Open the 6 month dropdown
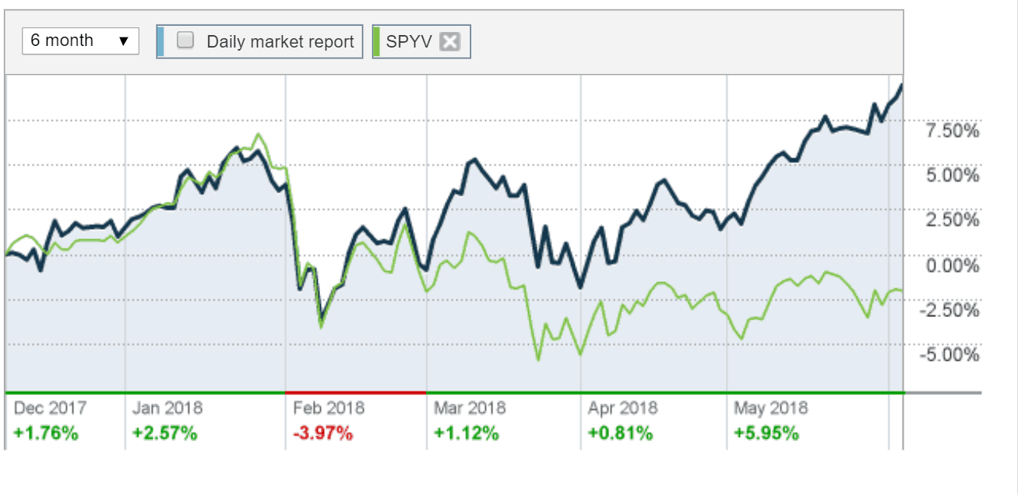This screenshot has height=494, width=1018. pyautogui.click(x=80, y=41)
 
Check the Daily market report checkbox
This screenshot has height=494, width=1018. pyautogui.click(x=185, y=41)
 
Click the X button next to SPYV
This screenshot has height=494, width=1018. pyautogui.click(x=449, y=42)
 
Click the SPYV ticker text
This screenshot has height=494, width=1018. pyautogui.click(x=409, y=41)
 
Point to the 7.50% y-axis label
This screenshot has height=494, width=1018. pyautogui.click(x=952, y=132)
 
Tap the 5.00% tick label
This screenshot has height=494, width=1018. pyautogui.click(x=952, y=176)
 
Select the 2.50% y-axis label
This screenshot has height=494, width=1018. pyautogui.click(x=952, y=221)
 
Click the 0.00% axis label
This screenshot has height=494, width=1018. pyautogui.click(x=952, y=266)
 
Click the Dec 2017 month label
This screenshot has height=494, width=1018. pyautogui.click(x=51, y=408)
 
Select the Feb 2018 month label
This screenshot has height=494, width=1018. pyautogui.click(x=329, y=408)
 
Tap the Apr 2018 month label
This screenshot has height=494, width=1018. pyautogui.click(x=622, y=408)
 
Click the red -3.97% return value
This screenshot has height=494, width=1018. pyautogui.click(x=323, y=433)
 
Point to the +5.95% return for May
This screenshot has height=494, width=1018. pyautogui.click(x=766, y=433)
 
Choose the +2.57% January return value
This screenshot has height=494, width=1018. pyautogui.click(x=165, y=433)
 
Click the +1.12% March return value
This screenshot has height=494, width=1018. pyautogui.click(x=466, y=433)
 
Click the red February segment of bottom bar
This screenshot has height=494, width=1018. pyautogui.click(x=356, y=391)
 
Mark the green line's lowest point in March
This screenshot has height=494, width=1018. pyautogui.click(x=537, y=359)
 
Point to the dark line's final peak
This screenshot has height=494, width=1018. pyautogui.click(x=902, y=84)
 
